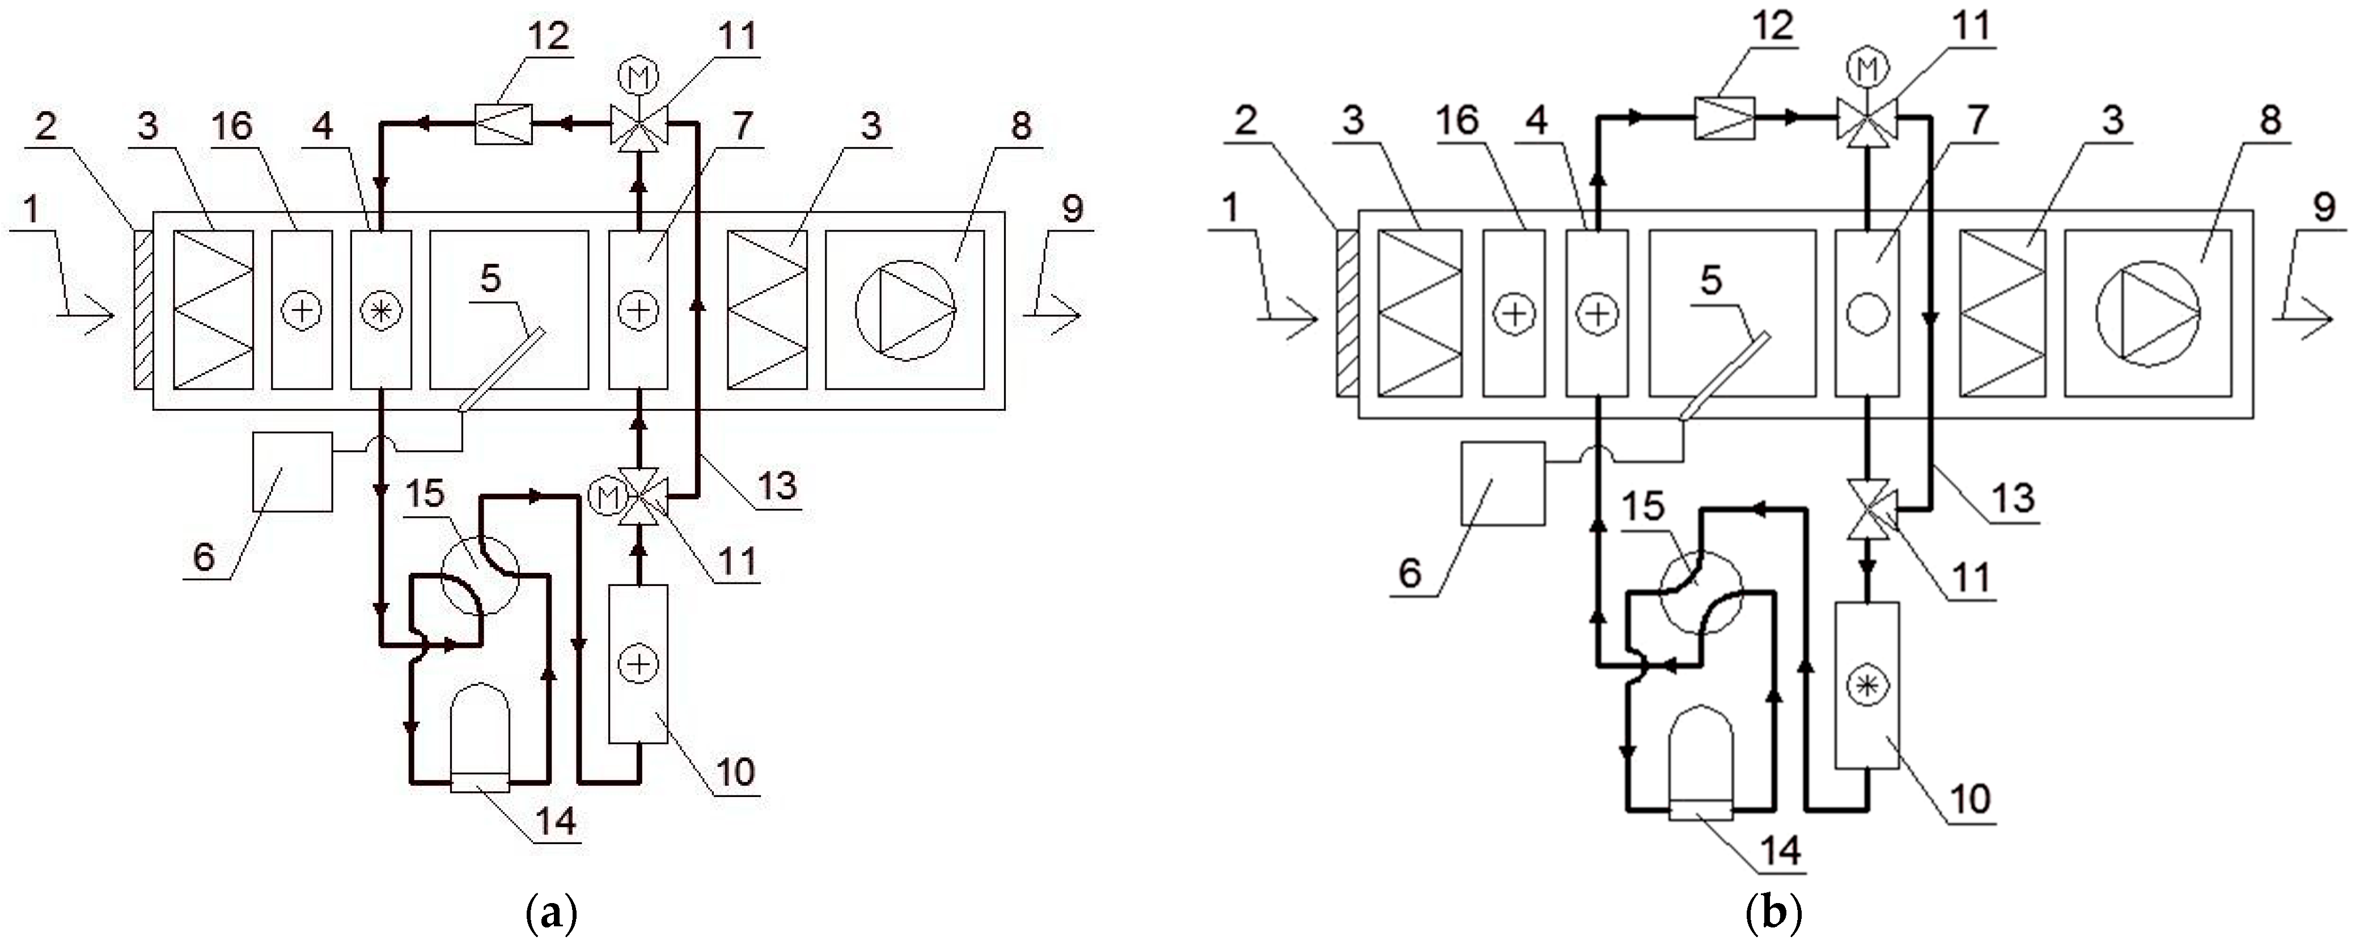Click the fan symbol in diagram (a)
[905, 310]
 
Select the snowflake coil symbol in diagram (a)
[380, 310]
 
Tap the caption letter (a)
[553, 914]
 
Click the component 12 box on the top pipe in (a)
[503, 124]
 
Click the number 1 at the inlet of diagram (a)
[32, 210]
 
